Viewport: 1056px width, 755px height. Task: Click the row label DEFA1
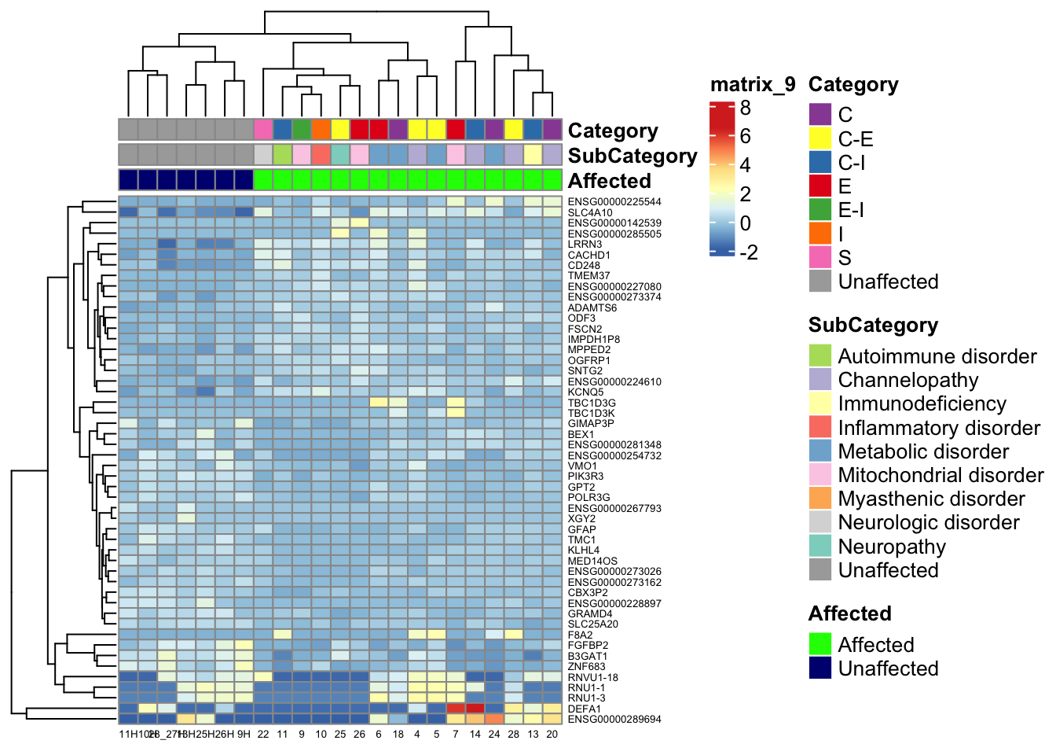tap(584, 709)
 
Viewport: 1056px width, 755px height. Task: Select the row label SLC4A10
tap(590, 212)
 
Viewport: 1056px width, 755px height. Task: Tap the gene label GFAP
tap(581, 529)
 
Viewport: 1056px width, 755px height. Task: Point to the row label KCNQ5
tap(585, 392)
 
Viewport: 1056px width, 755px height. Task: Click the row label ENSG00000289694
tap(614, 719)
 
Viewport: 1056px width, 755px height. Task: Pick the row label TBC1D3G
tap(592, 403)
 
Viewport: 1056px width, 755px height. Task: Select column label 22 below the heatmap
tap(263, 734)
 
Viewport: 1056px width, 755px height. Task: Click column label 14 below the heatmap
tap(475, 734)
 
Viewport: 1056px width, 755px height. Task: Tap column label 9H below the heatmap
tap(244, 734)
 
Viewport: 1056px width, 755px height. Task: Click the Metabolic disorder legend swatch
tap(820, 451)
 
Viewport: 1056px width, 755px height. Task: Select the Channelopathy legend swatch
tap(820, 380)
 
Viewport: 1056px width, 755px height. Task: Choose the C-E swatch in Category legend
tap(820, 138)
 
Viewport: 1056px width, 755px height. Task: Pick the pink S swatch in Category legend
tap(820, 257)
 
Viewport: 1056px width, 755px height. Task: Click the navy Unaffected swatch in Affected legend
tap(820, 668)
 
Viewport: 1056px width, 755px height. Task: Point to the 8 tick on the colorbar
tap(745, 108)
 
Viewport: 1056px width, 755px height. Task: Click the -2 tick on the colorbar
tap(748, 252)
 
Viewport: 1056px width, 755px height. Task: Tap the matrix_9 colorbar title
tap(752, 84)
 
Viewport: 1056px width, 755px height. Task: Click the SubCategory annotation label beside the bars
tap(632, 156)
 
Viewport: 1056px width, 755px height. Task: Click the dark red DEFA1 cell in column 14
tap(475, 709)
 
